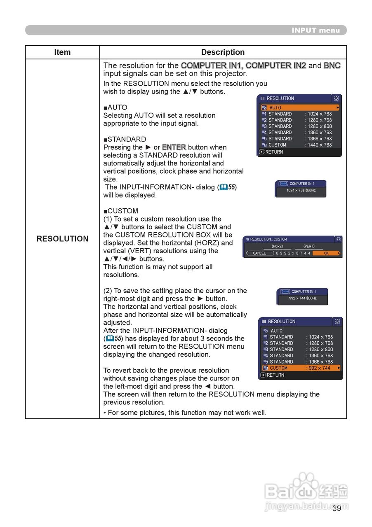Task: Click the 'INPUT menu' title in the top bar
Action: point(315,30)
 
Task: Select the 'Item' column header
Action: point(62,52)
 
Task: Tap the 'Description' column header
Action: point(223,52)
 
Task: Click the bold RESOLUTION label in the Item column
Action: point(62,239)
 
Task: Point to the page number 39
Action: point(337,508)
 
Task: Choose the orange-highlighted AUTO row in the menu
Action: point(300,107)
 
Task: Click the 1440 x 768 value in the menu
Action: point(319,145)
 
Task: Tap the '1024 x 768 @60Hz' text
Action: point(301,191)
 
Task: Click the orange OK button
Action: point(326,253)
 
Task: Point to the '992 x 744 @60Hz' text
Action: point(302,298)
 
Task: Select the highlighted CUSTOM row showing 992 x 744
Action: point(301,368)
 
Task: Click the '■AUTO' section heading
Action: point(115,107)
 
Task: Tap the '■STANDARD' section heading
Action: point(125,139)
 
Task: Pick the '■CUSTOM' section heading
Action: point(121,211)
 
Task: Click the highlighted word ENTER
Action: point(174,147)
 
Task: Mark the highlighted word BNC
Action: point(332,65)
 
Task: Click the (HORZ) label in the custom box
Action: point(277,247)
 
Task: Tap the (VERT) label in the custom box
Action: point(309,247)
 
